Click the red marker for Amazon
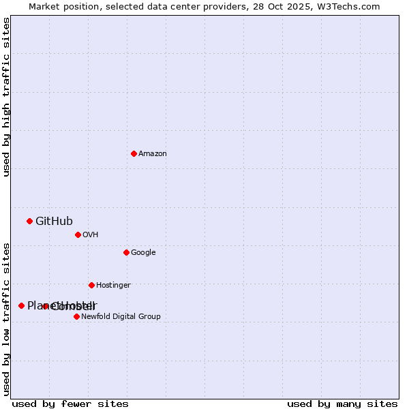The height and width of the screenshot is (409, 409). pyautogui.click(x=134, y=153)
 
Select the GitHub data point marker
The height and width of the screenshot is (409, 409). pyautogui.click(x=29, y=221)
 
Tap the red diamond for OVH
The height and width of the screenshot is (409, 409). pyautogui.click(x=78, y=234)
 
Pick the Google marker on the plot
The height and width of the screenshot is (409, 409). pyautogui.click(x=126, y=252)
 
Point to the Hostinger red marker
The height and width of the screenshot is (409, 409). pyautogui.click(x=91, y=285)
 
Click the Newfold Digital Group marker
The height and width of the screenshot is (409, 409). pyautogui.click(x=76, y=316)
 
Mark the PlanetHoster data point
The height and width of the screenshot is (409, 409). pyautogui.click(x=21, y=305)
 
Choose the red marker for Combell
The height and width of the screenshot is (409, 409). pyautogui.click(x=46, y=306)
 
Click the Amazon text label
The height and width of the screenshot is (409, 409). pyautogui.click(x=153, y=154)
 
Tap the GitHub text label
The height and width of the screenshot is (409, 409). pyautogui.click(x=54, y=221)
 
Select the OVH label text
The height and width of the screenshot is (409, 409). pyautogui.click(x=91, y=235)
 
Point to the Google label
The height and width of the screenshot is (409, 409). pyautogui.click(x=143, y=253)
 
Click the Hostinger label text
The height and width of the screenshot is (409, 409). pyautogui.click(x=113, y=286)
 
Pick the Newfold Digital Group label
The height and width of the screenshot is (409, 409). pyautogui.click(x=121, y=317)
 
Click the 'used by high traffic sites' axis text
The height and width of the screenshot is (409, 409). pyautogui.click(x=7, y=97)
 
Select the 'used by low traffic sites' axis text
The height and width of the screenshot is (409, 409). pyautogui.click(x=7, y=318)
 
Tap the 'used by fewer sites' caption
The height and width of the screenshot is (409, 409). pyautogui.click(x=70, y=404)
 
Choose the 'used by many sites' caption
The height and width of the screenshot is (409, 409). pyautogui.click(x=342, y=404)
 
